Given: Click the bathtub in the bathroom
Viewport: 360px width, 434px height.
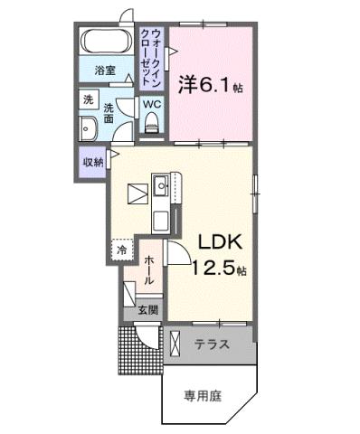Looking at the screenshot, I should (107, 42).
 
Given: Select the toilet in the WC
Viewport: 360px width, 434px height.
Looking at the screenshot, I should (151, 125).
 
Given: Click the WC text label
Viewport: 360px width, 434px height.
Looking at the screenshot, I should (151, 104).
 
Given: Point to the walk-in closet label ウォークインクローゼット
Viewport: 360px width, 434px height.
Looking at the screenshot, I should (151, 56).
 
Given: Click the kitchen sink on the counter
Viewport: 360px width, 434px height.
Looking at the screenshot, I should (161, 189).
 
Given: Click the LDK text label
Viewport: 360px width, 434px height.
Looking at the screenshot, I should (214, 242).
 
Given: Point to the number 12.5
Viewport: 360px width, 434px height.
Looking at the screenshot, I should (214, 268).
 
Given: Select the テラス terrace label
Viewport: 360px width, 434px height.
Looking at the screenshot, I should (212, 344).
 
